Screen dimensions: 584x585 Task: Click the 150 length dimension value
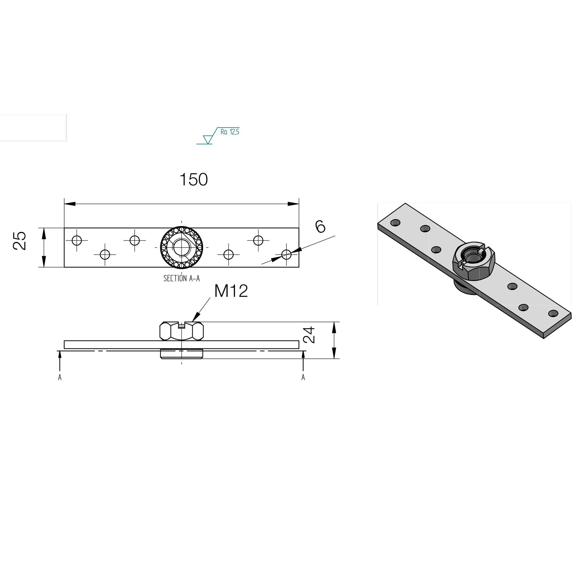(x=194, y=180)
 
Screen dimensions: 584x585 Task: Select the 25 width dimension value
(x=20, y=241)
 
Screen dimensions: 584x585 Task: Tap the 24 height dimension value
(x=309, y=335)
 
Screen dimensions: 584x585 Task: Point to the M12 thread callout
(x=231, y=291)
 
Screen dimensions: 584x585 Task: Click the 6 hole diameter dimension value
(x=320, y=227)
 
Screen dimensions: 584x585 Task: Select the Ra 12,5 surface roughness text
(x=230, y=132)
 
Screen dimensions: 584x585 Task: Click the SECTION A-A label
(x=181, y=278)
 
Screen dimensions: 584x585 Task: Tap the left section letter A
(x=60, y=377)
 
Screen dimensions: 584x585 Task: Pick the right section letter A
(x=303, y=377)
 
